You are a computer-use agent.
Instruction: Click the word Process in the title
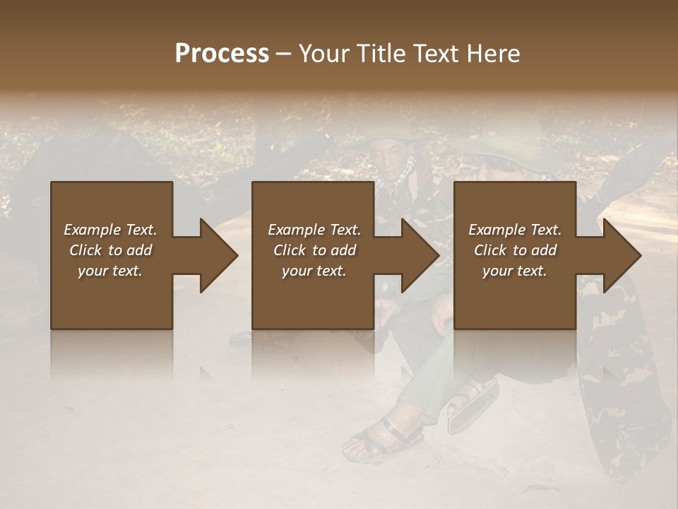pos(222,54)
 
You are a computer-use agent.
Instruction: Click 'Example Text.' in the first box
pos(110,230)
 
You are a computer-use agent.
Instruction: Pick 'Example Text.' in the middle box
pos(314,230)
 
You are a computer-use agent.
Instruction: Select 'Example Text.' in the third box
pos(515,230)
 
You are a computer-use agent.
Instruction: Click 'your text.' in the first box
pos(110,271)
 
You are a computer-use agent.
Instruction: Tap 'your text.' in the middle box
pos(314,271)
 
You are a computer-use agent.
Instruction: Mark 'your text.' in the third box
pos(515,271)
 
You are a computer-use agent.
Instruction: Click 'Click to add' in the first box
pos(110,250)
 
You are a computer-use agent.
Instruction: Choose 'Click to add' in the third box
pos(515,250)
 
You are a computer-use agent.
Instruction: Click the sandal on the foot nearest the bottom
pos(381,438)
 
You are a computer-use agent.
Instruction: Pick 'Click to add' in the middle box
pos(314,250)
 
